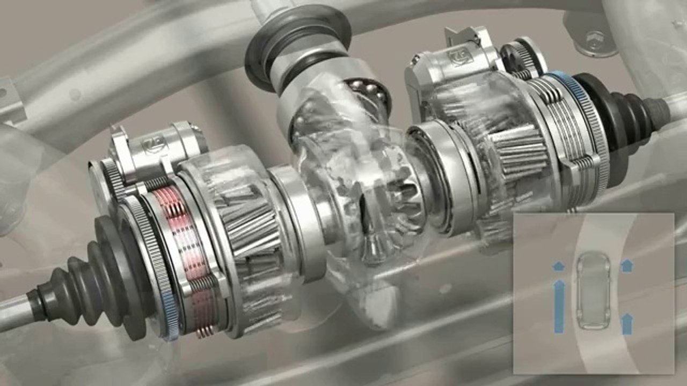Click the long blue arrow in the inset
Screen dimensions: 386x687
[559, 306]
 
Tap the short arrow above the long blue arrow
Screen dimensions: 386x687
[559, 265]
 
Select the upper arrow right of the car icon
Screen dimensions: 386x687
[626, 265]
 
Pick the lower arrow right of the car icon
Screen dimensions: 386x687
[626, 323]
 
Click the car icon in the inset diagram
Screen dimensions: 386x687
[593, 290]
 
